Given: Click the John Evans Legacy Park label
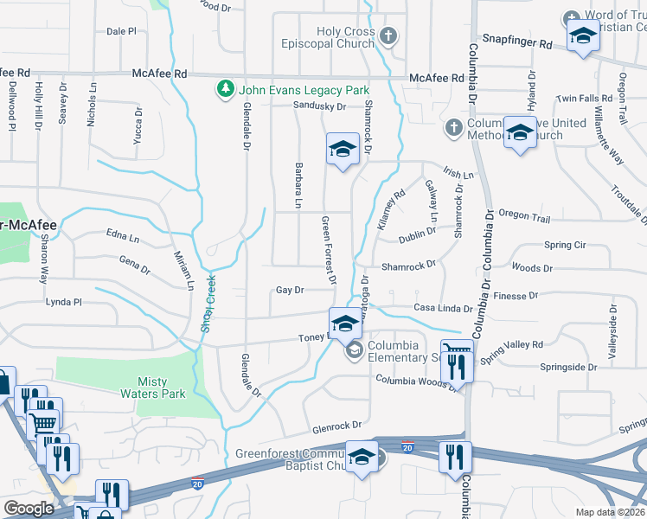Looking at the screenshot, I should [304, 90].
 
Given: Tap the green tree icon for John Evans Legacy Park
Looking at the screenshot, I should [226, 89].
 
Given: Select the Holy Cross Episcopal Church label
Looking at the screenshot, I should [345, 38].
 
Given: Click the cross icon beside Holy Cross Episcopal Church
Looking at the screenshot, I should [388, 36].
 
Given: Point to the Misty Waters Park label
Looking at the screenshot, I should [162, 388].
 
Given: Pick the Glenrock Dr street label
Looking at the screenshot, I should [336, 426].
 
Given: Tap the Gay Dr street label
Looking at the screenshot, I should [290, 291].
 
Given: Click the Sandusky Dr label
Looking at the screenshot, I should [319, 106].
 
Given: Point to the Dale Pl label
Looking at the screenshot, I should [121, 31].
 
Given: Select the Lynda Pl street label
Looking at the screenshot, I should [64, 303].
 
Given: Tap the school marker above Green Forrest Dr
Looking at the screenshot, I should [343, 149].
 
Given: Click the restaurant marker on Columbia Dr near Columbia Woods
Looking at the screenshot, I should [457, 367].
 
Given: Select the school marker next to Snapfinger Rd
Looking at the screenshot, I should [583, 36].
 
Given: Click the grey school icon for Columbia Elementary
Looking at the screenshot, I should [355, 351].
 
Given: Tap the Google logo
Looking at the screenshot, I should [29, 508].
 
